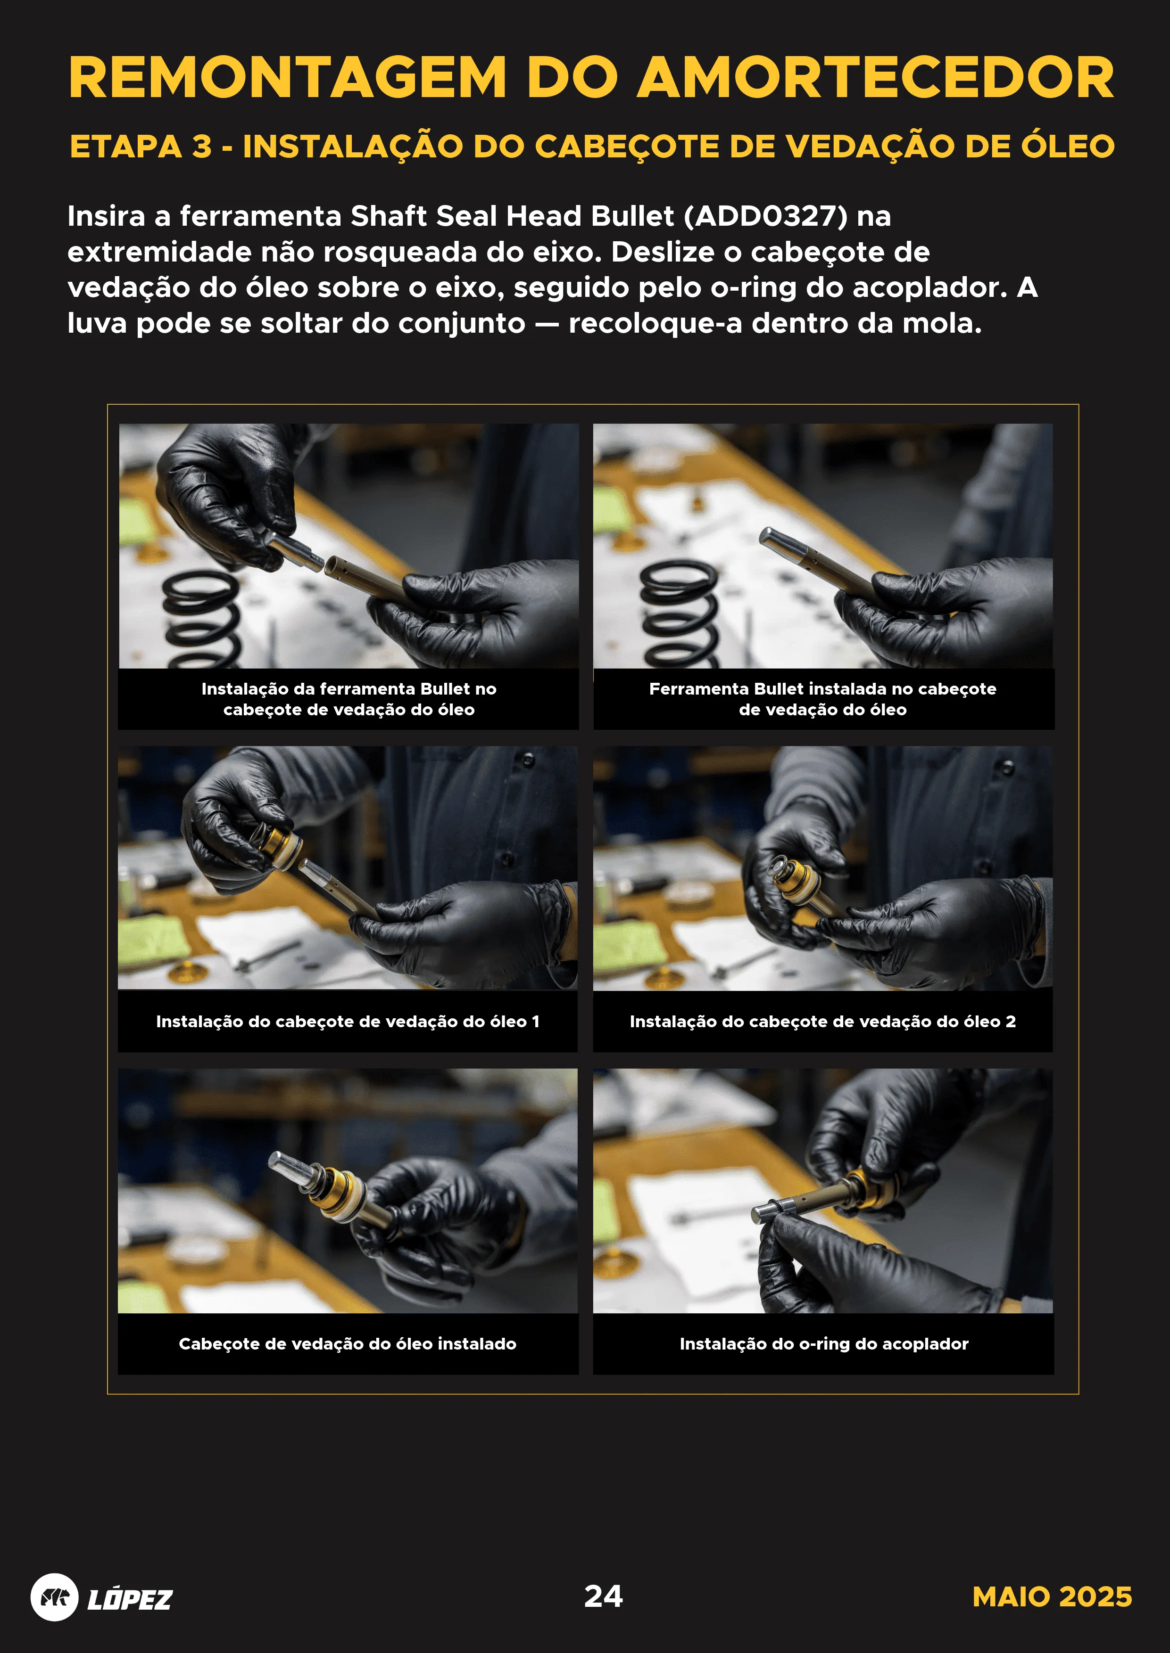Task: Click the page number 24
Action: click(x=603, y=1596)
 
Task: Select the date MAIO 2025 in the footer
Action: click(x=1051, y=1597)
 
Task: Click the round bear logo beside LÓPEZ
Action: click(x=54, y=1597)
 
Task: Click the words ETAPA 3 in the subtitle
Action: click(x=141, y=147)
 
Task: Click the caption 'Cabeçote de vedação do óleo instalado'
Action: click(x=347, y=1343)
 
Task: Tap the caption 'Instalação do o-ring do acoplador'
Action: click(x=823, y=1343)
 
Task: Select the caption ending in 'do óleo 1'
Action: click(x=347, y=1021)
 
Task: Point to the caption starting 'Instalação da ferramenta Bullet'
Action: click(x=349, y=698)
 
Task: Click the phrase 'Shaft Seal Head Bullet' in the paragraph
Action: click(x=512, y=216)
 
